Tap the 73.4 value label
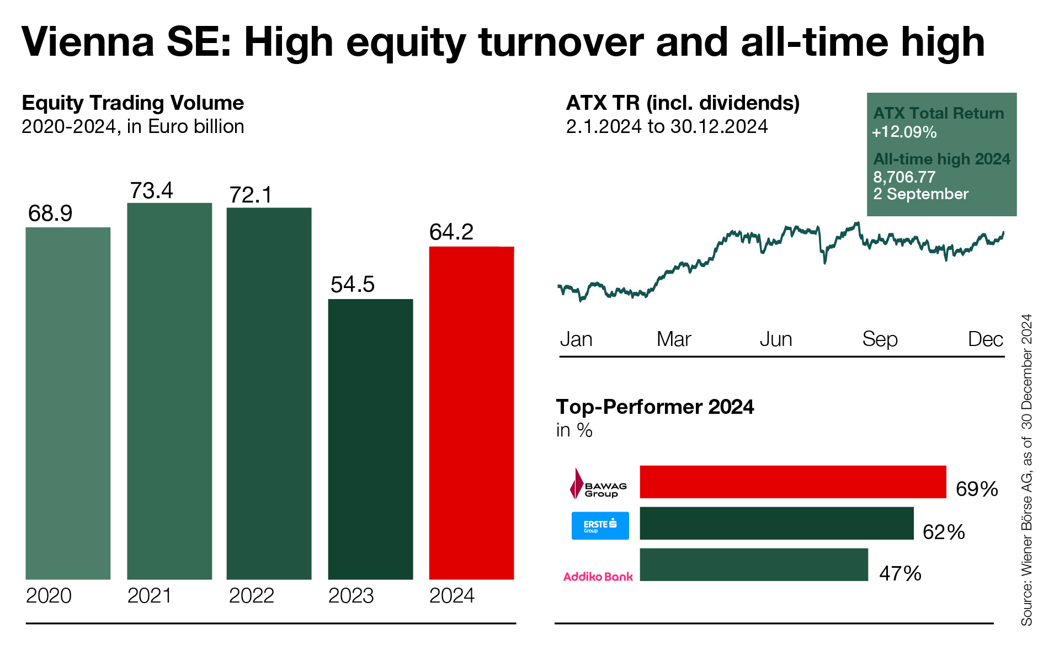tap(151, 191)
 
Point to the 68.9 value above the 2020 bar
tap(50, 214)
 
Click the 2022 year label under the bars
tap(251, 596)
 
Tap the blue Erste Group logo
tap(600, 525)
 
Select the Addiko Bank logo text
tap(598, 577)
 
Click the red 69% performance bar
tap(792, 482)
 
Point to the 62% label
tap(944, 532)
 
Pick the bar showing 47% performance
tap(753, 564)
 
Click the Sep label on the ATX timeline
tap(880, 339)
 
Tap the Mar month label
tap(673, 339)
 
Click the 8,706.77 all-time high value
tap(904, 177)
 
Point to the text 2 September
tap(920, 194)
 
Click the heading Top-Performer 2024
tap(654, 407)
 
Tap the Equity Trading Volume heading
tap(132, 103)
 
